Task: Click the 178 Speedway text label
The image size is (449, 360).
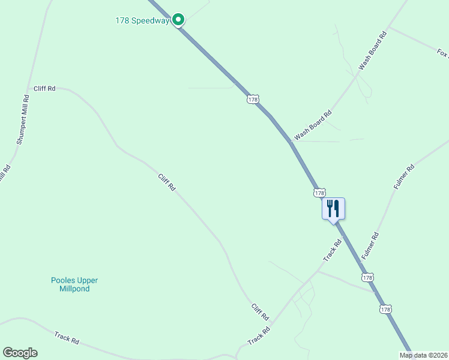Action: click(x=142, y=21)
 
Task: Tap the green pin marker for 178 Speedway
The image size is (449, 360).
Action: click(x=178, y=20)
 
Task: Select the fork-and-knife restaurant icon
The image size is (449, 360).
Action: click(x=333, y=209)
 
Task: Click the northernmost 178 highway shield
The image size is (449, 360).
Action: click(x=253, y=99)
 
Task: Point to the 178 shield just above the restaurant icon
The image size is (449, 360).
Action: click(x=319, y=193)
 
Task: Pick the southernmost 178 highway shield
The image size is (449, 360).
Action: click(x=385, y=309)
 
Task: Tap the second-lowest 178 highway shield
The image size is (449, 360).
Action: click(x=368, y=278)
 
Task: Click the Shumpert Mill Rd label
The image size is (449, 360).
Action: click(x=23, y=119)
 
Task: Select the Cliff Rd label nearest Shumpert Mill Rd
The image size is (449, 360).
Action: click(x=44, y=89)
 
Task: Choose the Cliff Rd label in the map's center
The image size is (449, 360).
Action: click(x=166, y=182)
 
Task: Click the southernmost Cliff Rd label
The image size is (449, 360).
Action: click(x=260, y=312)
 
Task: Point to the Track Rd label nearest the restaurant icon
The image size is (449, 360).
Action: click(x=332, y=250)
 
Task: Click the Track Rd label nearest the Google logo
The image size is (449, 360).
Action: click(x=67, y=338)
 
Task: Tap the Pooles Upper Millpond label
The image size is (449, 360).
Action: click(x=74, y=284)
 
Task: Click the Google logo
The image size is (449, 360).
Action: click(x=20, y=353)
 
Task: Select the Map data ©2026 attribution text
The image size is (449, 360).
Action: click(x=423, y=355)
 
